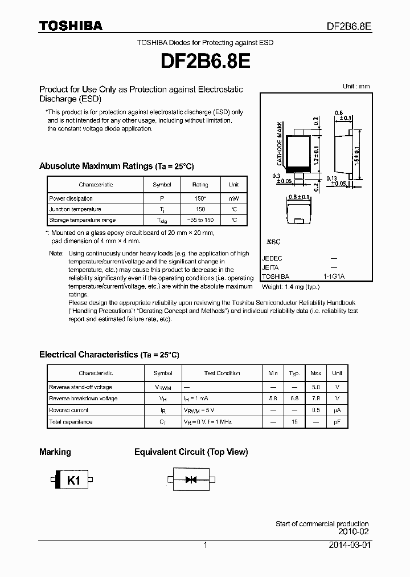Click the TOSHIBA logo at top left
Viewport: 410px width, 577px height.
pos(71,26)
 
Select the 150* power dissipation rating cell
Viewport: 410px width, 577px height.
pos(200,198)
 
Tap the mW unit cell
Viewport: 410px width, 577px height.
pos(233,198)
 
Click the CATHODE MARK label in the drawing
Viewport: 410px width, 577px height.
pos(280,141)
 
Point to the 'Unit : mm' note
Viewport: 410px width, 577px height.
pos(356,86)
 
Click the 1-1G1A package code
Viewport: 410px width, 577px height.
pos(334,277)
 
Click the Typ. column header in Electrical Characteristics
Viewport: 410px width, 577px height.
pos(294,373)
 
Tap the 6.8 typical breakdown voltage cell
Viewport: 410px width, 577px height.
pos(294,399)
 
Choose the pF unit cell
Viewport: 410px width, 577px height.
pos(337,422)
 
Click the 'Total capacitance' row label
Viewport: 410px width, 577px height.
pos(71,422)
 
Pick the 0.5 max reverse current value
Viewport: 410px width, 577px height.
pos(315,410)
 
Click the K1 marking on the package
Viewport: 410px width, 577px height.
pos(74,481)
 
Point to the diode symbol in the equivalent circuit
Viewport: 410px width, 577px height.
pos(191,480)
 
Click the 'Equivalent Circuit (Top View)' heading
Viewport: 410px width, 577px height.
pos(191,452)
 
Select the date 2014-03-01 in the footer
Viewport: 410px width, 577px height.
pos(349,545)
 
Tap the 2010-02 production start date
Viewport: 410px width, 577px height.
pos(354,531)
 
